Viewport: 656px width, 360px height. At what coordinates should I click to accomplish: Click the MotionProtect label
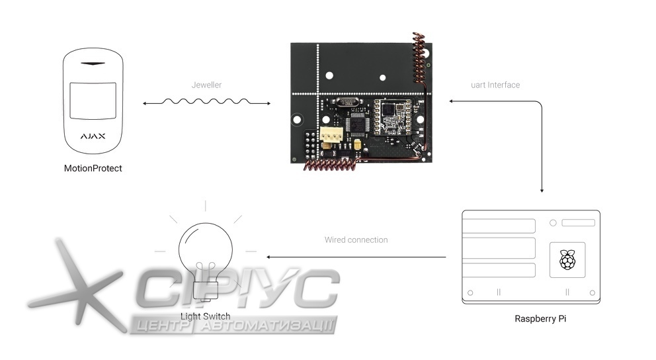pos(93,169)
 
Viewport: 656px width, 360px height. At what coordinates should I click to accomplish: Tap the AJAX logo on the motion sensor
pos(93,137)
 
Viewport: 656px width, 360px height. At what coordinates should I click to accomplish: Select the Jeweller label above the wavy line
pos(206,85)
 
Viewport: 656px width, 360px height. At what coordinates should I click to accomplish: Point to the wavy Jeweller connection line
pos(206,103)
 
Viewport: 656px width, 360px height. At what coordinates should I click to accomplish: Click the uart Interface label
pos(495,85)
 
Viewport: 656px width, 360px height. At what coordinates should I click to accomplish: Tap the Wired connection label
pos(356,240)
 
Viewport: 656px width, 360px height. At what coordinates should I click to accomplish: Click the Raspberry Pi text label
pos(540,319)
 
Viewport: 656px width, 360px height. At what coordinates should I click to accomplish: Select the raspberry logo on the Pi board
pos(567,259)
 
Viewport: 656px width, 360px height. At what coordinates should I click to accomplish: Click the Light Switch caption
pos(206,316)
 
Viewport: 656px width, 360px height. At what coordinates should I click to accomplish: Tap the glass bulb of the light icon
pos(205,245)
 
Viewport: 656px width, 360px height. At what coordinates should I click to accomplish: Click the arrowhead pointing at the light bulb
pos(268,257)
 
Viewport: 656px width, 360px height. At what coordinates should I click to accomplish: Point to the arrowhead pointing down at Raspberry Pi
pos(542,190)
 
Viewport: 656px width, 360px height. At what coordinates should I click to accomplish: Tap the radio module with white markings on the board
pos(393,116)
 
